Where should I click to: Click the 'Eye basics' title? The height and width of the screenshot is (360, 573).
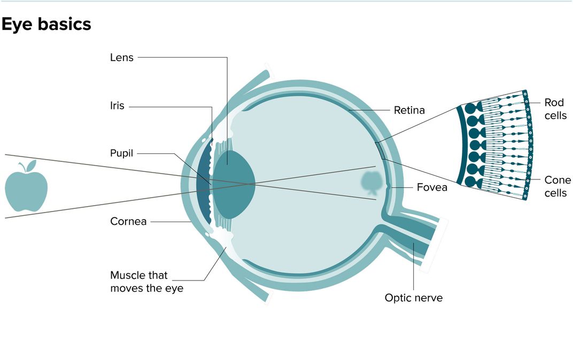pos(47,24)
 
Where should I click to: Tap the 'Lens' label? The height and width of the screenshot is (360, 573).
pos(121,58)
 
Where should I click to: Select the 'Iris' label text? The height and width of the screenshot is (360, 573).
pos(117,106)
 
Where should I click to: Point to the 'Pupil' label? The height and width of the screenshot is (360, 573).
pos(121,154)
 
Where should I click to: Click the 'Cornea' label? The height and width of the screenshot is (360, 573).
pos(128,221)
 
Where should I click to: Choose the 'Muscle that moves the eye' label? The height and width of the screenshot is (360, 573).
pos(146,282)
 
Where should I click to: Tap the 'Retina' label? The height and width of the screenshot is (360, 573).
pos(409,111)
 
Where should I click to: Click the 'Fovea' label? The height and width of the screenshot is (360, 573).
pos(432,187)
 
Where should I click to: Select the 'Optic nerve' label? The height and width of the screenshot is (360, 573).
pos(414,298)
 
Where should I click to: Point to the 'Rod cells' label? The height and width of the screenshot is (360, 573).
pos(555,109)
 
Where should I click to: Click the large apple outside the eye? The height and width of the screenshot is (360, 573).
pos(26,189)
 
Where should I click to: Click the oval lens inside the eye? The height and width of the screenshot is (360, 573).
pos(233,183)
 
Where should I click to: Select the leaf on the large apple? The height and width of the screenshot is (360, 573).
pos(30,166)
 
